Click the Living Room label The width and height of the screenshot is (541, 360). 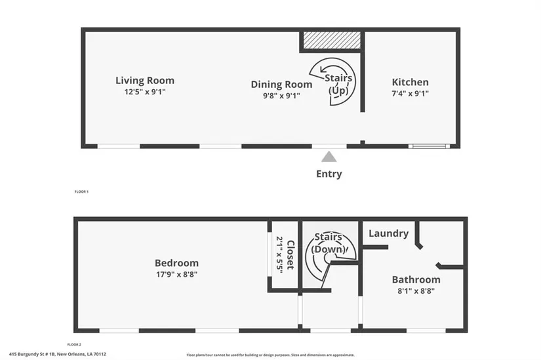click(x=145, y=81)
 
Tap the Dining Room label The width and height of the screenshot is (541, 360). click(x=281, y=85)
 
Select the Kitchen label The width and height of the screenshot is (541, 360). click(x=410, y=82)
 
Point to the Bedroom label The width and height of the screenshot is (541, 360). click(x=176, y=263)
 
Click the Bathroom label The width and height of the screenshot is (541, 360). click(x=416, y=279)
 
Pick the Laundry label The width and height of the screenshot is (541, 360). click(x=388, y=233)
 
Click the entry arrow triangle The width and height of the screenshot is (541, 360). click(x=329, y=157)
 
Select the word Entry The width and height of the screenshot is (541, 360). click(x=329, y=174)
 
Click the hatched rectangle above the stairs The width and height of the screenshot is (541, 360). click(x=331, y=40)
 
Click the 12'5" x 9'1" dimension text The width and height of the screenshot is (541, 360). click(x=145, y=92)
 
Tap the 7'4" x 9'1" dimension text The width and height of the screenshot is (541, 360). click(x=410, y=94)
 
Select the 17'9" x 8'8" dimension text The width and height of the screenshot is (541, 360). click(x=176, y=274)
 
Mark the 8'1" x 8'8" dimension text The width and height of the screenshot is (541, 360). click(x=416, y=290)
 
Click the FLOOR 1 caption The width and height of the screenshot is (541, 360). click(x=81, y=191)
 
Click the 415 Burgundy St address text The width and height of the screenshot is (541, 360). click(x=62, y=354)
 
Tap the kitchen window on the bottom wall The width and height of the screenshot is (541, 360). click(x=429, y=146)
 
